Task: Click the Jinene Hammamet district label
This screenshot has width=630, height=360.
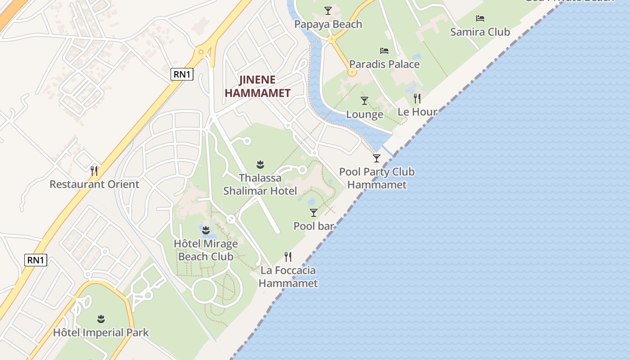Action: coord(257,86)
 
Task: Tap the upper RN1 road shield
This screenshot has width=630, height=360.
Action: coord(182,74)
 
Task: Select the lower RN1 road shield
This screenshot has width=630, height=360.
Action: coord(36,260)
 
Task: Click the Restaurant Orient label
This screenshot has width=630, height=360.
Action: coord(94,184)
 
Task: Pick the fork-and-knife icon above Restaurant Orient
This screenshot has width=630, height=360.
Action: coord(94,171)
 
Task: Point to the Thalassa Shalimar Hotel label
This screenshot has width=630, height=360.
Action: coord(260,184)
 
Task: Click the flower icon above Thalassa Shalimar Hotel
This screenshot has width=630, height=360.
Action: coord(260,164)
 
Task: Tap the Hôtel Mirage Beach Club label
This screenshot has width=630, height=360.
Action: coord(206,250)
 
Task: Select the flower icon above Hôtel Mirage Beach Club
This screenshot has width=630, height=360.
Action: coord(206,230)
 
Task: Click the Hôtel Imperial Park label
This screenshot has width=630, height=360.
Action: coord(101,333)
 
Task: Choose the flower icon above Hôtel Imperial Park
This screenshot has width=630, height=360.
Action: coord(101,319)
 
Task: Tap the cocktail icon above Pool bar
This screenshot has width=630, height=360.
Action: coord(314,212)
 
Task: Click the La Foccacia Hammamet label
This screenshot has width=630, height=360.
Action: coord(288,277)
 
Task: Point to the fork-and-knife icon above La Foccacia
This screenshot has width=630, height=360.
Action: coord(288,257)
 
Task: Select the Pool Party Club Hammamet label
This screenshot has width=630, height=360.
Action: coord(377,178)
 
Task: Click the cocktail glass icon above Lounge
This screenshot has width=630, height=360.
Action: coord(364,101)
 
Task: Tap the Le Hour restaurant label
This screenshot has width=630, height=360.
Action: coord(417,112)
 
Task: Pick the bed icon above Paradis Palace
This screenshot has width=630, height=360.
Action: coord(384,50)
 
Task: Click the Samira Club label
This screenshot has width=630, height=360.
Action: coord(480,32)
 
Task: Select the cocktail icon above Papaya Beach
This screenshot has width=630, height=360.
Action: coord(328,10)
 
